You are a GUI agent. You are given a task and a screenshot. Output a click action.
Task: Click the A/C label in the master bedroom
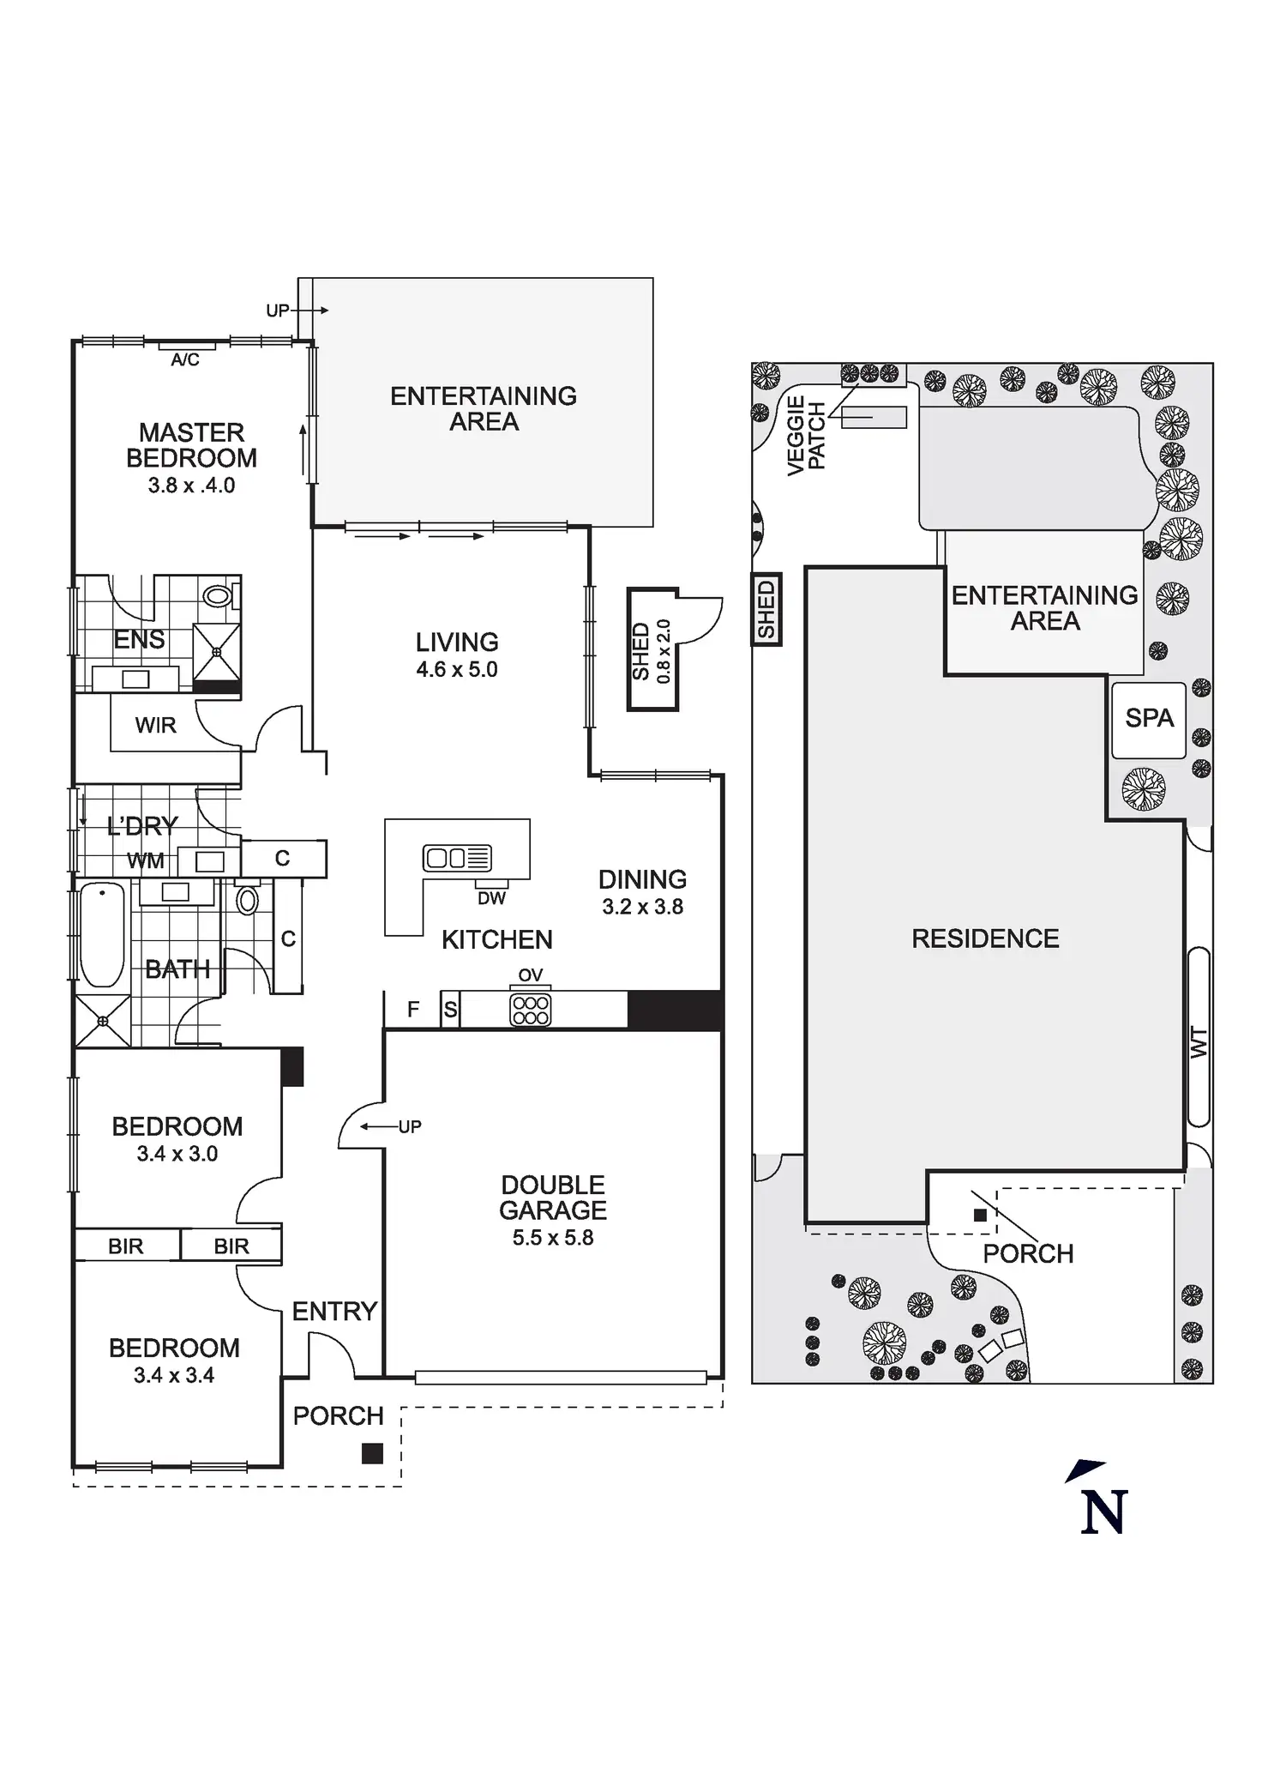click(x=185, y=360)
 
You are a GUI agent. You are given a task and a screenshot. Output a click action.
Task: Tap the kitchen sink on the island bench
click(x=457, y=857)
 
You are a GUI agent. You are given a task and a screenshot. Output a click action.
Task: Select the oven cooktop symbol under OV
click(x=530, y=1010)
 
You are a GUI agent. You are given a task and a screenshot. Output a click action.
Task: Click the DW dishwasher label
click(x=492, y=898)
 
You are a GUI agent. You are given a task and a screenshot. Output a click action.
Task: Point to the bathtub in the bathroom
click(x=102, y=935)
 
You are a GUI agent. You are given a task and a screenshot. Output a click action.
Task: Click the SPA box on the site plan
click(x=1149, y=719)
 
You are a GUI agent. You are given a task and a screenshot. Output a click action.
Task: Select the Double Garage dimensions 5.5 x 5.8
click(x=553, y=1237)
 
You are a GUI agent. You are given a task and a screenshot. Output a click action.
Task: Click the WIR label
click(x=156, y=726)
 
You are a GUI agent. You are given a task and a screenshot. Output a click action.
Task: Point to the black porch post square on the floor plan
click(x=372, y=1453)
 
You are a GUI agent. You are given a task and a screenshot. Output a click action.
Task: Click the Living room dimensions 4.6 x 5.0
click(x=457, y=669)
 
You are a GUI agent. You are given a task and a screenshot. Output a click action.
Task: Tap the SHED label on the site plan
click(x=766, y=608)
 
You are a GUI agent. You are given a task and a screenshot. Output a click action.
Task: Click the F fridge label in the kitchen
click(x=413, y=1010)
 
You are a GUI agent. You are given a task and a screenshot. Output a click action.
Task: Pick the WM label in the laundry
click(x=145, y=861)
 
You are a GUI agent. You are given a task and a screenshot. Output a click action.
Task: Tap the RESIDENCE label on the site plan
click(x=985, y=938)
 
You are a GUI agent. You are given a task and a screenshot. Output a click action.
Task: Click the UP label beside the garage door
click(x=410, y=1127)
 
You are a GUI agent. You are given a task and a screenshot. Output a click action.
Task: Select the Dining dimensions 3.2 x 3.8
click(x=643, y=907)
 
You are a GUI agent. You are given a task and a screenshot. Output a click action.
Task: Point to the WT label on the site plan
click(x=1199, y=1042)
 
